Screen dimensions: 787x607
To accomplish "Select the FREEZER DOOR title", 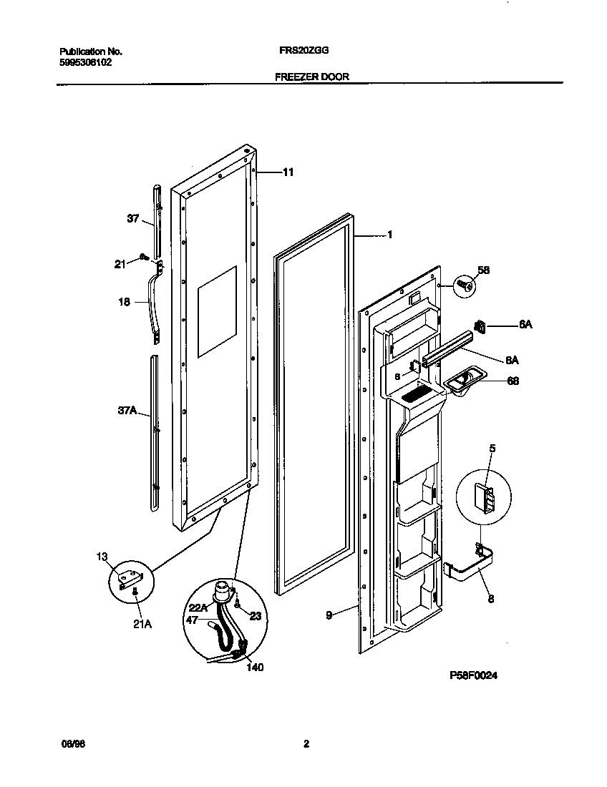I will click(x=312, y=77).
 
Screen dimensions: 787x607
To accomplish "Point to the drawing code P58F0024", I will click(x=473, y=675).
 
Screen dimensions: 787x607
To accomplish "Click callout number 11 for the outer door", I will click(x=288, y=172).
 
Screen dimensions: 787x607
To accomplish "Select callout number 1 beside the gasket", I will click(x=389, y=234).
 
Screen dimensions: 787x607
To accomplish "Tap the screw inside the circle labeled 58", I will click(x=465, y=286).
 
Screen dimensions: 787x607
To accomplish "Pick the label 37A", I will click(x=127, y=411).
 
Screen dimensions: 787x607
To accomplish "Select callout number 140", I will click(x=255, y=668).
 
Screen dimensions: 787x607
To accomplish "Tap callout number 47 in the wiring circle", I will click(x=192, y=620).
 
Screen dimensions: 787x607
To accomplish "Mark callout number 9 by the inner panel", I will click(x=329, y=614).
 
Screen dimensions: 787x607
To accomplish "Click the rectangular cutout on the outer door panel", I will click(x=216, y=311).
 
